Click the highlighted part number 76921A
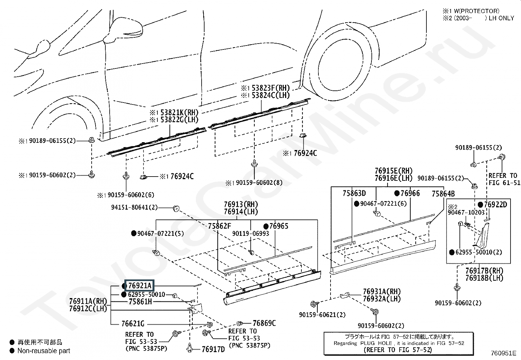tap(140, 286)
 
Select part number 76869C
tap(264, 323)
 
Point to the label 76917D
tap(213, 349)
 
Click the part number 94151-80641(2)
tap(135, 207)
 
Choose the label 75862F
tap(220, 226)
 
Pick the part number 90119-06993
tap(251, 233)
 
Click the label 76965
tap(278, 226)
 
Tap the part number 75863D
tap(354, 193)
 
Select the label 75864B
tap(443, 194)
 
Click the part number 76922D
tap(496, 204)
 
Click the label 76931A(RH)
tap(382, 291)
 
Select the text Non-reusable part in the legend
tap(44, 351)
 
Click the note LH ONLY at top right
tap(501, 18)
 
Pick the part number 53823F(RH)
tap(271, 88)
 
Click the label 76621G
tap(133, 324)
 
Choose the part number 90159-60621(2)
tap(322, 315)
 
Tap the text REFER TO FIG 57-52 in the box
tap(398, 350)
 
